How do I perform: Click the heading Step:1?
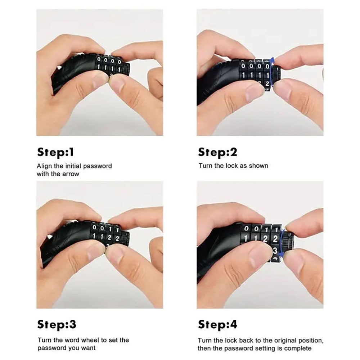pyautogui.click(x=55, y=152)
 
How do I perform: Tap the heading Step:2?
pyautogui.click(x=217, y=152)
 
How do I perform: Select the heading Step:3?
pyautogui.click(x=57, y=324)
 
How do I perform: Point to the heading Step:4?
pyautogui.click(x=217, y=324)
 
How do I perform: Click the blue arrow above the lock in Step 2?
pyautogui.click(x=272, y=61)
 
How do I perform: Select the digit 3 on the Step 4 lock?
pyautogui.click(x=275, y=250)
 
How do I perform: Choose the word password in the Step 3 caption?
pyautogui.click(x=51, y=348)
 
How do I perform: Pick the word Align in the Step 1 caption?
pyautogui.click(x=44, y=166)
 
